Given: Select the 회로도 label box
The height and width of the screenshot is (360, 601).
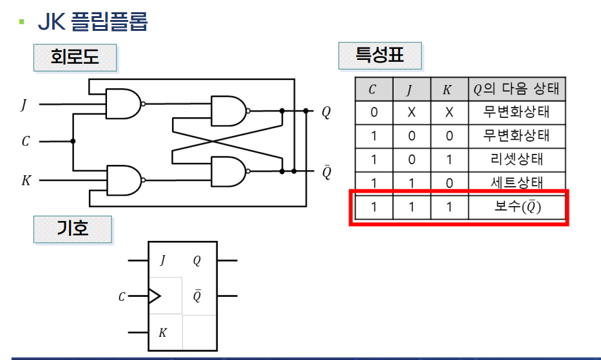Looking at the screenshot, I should pyautogui.click(x=75, y=57).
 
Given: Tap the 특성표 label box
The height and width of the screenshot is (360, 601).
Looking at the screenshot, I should pyautogui.click(x=380, y=55).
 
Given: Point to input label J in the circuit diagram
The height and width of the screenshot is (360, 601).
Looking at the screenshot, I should pyautogui.click(x=24, y=104).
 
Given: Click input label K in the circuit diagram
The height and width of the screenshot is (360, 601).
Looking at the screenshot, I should pyautogui.click(x=26, y=180).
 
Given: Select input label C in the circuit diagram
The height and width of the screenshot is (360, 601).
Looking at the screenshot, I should pyautogui.click(x=25, y=142).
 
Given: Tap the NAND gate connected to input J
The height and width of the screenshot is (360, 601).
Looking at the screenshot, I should pyautogui.click(x=124, y=104).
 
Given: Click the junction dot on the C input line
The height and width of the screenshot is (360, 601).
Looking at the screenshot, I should pyautogui.click(x=73, y=142).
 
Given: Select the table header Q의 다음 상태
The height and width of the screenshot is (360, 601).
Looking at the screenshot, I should pyautogui.click(x=516, y=90).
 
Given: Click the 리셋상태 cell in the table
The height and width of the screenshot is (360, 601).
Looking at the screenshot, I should pyautogui.click(x=516, y=159).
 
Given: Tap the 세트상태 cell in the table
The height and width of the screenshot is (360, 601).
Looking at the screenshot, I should pyautogui.click(x=516, y=182).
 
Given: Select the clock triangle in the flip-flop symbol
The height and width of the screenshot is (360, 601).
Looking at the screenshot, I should pyautogui.click(x=154, y=296).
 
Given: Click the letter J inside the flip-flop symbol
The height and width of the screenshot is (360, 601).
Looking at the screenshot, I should pyautogui.click(x=162, y=261).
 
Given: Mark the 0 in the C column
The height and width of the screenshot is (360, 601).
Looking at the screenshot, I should pyautogui.click(x=374, y=113).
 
